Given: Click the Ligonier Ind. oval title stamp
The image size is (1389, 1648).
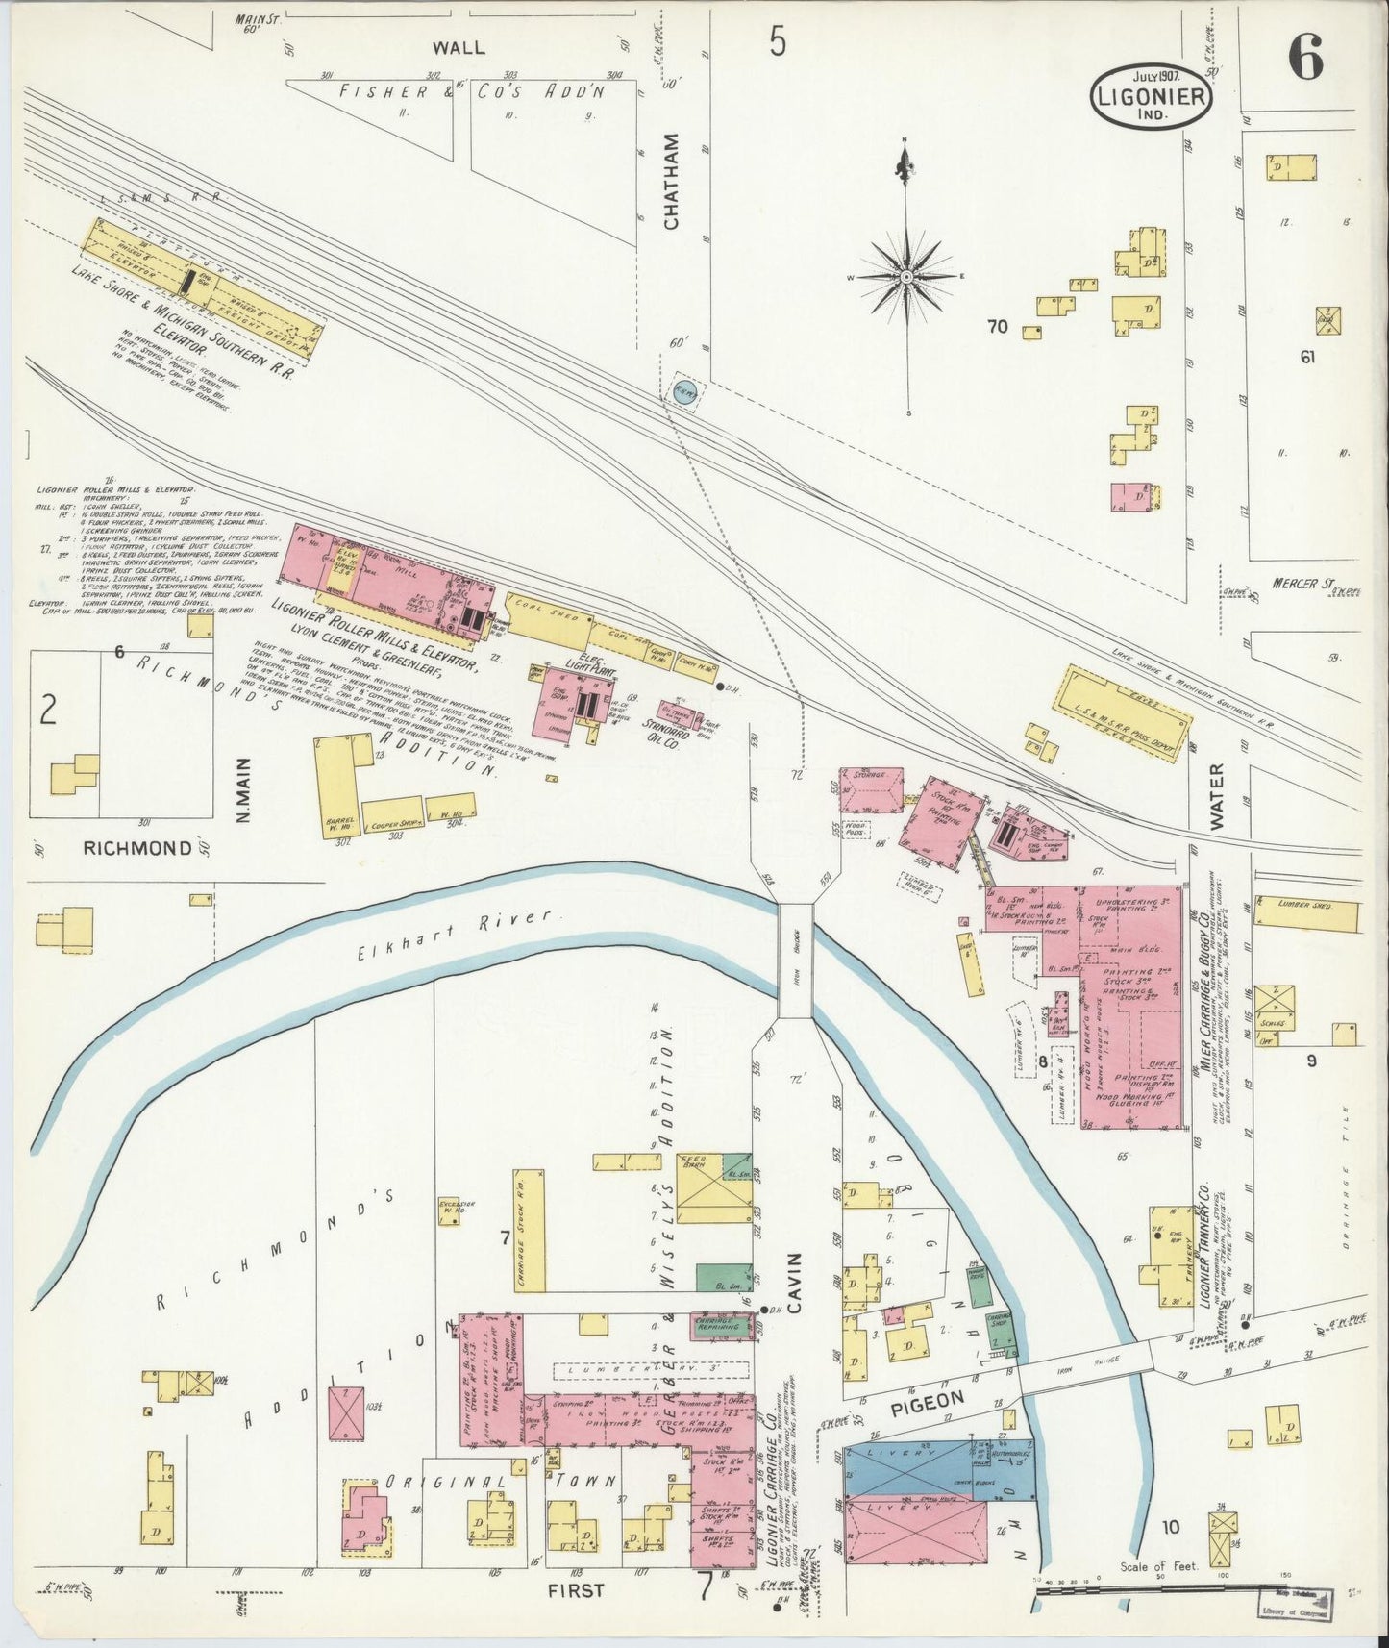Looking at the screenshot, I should point(1151,94).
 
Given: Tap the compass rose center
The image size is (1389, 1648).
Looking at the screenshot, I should point(905,277).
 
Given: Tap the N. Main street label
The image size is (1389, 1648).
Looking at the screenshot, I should point(242,790).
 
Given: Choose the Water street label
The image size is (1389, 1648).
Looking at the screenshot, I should point(1217,797).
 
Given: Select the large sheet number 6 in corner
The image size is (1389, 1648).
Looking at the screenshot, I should point(1305,60).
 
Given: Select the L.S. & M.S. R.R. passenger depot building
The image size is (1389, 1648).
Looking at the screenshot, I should point(1126,713).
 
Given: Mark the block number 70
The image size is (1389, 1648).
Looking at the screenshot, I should point(997,327).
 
